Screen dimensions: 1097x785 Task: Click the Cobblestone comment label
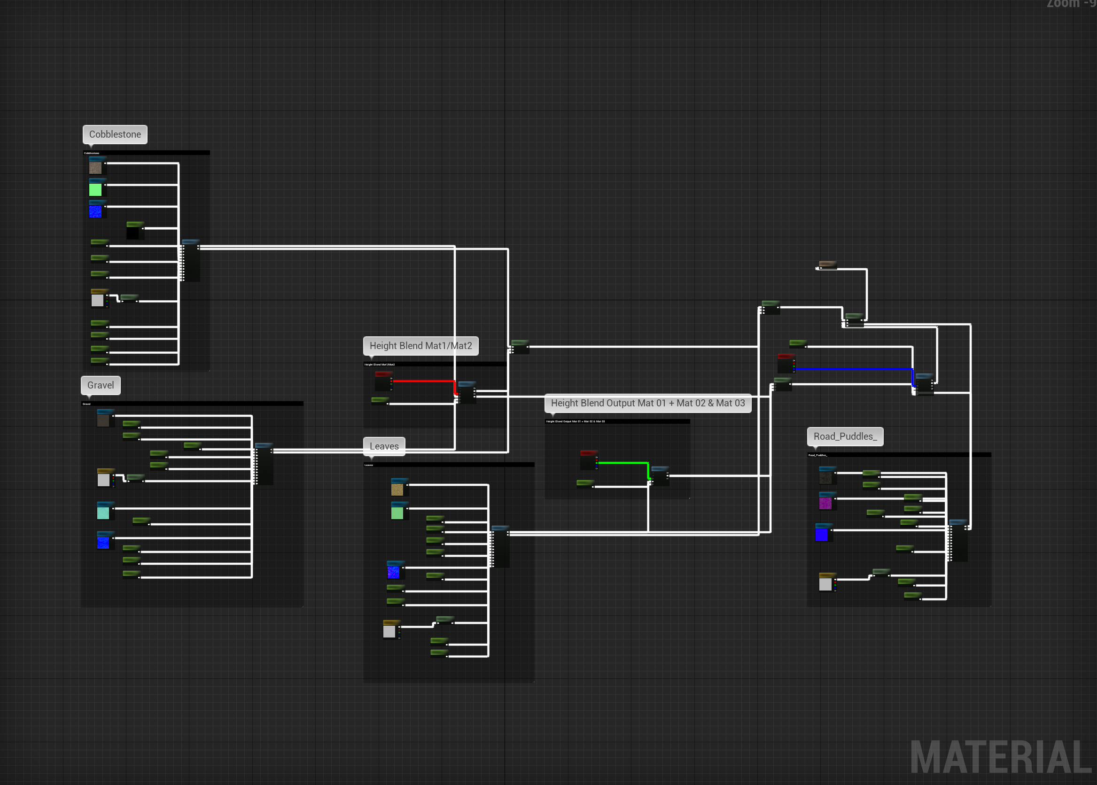115,134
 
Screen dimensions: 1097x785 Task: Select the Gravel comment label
101,385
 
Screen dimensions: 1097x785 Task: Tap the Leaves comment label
384,446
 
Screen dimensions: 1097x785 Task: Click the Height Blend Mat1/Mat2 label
420,346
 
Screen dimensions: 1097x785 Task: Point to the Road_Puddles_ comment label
845,436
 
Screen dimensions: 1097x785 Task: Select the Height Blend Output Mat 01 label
647,403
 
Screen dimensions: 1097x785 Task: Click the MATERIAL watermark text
1000,757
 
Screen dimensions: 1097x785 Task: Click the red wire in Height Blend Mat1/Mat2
423,381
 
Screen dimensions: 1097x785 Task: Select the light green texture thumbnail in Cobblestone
96,189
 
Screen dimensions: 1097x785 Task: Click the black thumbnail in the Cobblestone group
133,233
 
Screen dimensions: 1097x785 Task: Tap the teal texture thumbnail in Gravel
103,513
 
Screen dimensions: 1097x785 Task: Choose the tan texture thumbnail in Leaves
397,490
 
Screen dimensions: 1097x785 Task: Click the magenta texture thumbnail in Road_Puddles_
825,503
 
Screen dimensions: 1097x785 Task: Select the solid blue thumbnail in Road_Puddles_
822,535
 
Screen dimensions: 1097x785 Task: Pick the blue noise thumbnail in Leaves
393,572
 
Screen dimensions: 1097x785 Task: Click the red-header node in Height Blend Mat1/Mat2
383,381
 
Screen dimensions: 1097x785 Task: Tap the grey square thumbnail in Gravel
103,480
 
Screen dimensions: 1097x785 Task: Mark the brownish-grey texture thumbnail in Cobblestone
96,168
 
